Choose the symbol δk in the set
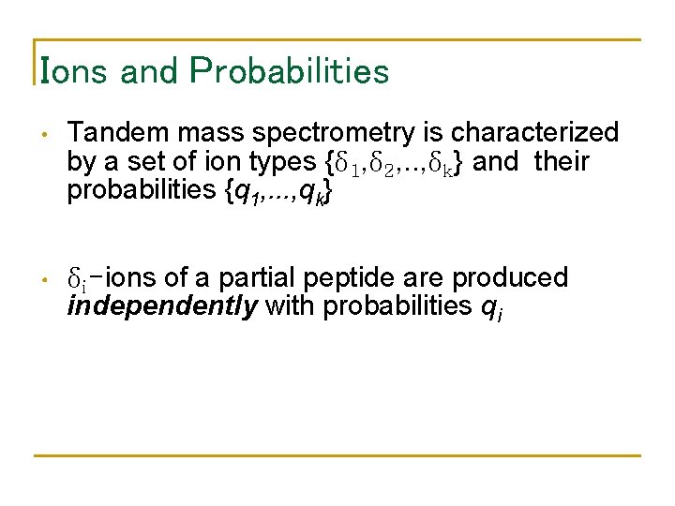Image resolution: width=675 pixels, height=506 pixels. click(x=450, y=163)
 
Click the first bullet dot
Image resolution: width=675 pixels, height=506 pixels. click(x=44, y=134)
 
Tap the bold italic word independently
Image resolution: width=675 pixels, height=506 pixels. click(x=162, y=306)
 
